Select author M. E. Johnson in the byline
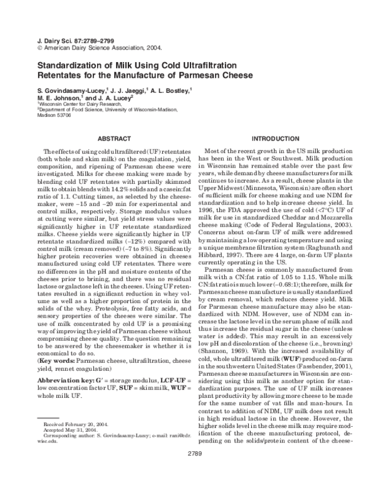click(x=54, y=99)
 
